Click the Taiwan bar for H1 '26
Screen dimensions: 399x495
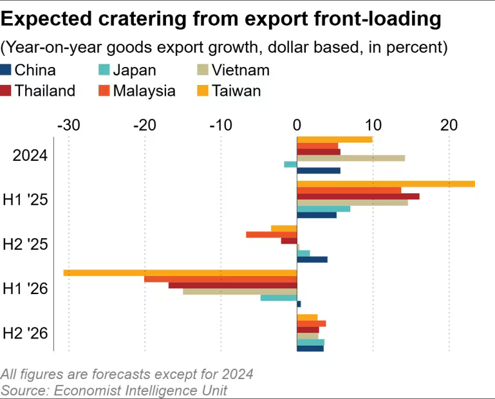coord(180,273)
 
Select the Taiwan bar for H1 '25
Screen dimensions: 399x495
coord(386,184)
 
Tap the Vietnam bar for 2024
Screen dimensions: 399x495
coord(351,158)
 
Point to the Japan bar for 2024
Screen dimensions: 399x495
coord(290,165)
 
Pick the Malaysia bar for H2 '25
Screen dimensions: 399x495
coord(271,234)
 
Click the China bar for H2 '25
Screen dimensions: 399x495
coord(312,259)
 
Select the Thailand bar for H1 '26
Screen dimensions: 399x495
coord(232,285)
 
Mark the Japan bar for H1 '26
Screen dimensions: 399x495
coord(279,297)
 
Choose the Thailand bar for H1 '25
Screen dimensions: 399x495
coord(358,196)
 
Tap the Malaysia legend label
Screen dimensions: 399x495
coord(144,91)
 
